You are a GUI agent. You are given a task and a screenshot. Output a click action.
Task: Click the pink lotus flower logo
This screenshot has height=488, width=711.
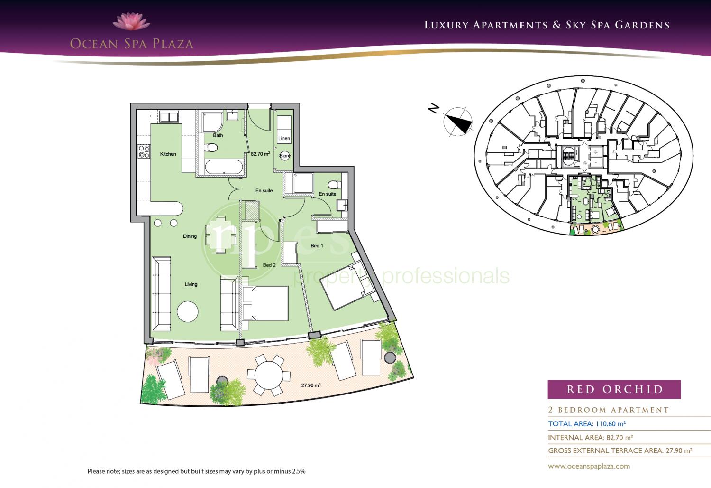131,22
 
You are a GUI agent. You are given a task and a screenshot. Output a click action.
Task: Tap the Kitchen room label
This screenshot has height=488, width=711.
168,154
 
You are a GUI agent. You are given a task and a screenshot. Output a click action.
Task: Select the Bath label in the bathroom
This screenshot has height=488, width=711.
218,135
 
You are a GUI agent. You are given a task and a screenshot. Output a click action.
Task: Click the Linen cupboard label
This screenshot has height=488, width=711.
284,138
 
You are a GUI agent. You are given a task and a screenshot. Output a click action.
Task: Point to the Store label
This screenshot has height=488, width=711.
285,155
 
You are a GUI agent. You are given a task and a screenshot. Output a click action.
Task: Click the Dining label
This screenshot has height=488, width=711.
190,236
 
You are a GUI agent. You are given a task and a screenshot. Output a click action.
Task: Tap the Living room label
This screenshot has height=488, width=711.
191,284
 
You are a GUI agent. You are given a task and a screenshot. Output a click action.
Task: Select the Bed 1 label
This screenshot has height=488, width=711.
317,246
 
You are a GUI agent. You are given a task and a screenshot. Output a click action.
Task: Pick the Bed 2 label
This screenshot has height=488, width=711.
269,265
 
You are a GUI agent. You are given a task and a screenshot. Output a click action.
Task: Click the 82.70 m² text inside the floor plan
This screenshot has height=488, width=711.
260,153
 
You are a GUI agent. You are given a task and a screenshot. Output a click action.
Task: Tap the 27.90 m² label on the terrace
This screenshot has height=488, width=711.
311,385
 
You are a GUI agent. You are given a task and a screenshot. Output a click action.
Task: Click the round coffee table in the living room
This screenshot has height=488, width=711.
188,311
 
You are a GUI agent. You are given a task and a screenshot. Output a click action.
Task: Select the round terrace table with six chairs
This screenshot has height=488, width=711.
269,375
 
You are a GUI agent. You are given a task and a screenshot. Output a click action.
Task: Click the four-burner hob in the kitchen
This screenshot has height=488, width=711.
144,151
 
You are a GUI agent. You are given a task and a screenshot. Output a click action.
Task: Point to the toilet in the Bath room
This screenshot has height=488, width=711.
211,148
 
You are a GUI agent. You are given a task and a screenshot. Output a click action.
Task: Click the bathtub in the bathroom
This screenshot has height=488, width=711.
224,167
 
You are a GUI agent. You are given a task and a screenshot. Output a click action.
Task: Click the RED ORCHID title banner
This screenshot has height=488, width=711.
614,389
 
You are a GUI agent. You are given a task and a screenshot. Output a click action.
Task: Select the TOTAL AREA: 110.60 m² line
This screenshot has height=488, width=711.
587,424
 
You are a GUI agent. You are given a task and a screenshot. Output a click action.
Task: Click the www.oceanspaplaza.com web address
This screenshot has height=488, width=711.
589,466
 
